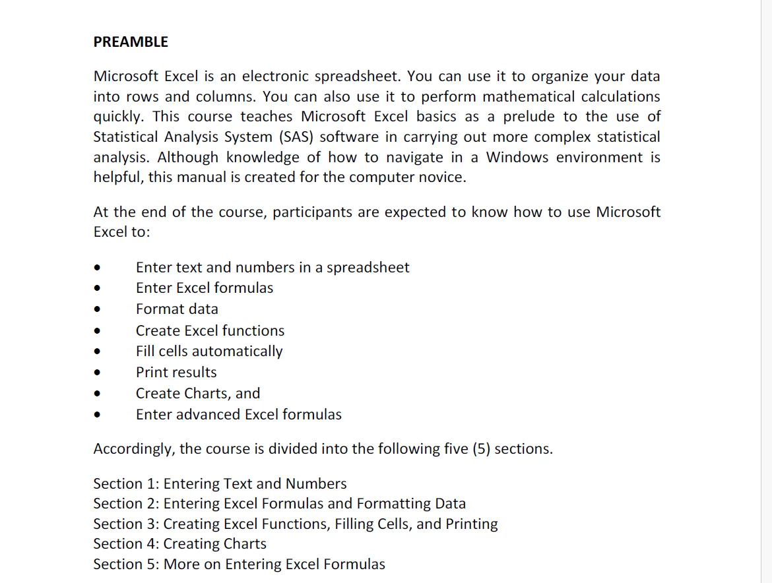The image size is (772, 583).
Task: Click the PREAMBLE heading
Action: tap(131, 42)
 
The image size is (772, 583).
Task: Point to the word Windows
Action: tap(518, 158)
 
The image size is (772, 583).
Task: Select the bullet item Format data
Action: tap(177, 309)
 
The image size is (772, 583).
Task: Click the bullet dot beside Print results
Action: tap(98, 373)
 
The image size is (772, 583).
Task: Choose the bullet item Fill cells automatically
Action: tap(209, 351)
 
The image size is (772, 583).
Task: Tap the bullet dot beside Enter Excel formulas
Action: tap(98, 289)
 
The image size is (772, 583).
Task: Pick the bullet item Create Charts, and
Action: tap(198, 393)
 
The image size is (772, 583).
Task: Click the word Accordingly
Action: tap(134, 449)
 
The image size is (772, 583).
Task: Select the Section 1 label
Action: tap(125, 484)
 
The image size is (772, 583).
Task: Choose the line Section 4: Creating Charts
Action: tap(179, 544)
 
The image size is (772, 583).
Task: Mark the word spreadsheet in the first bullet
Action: tap(368, 268)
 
